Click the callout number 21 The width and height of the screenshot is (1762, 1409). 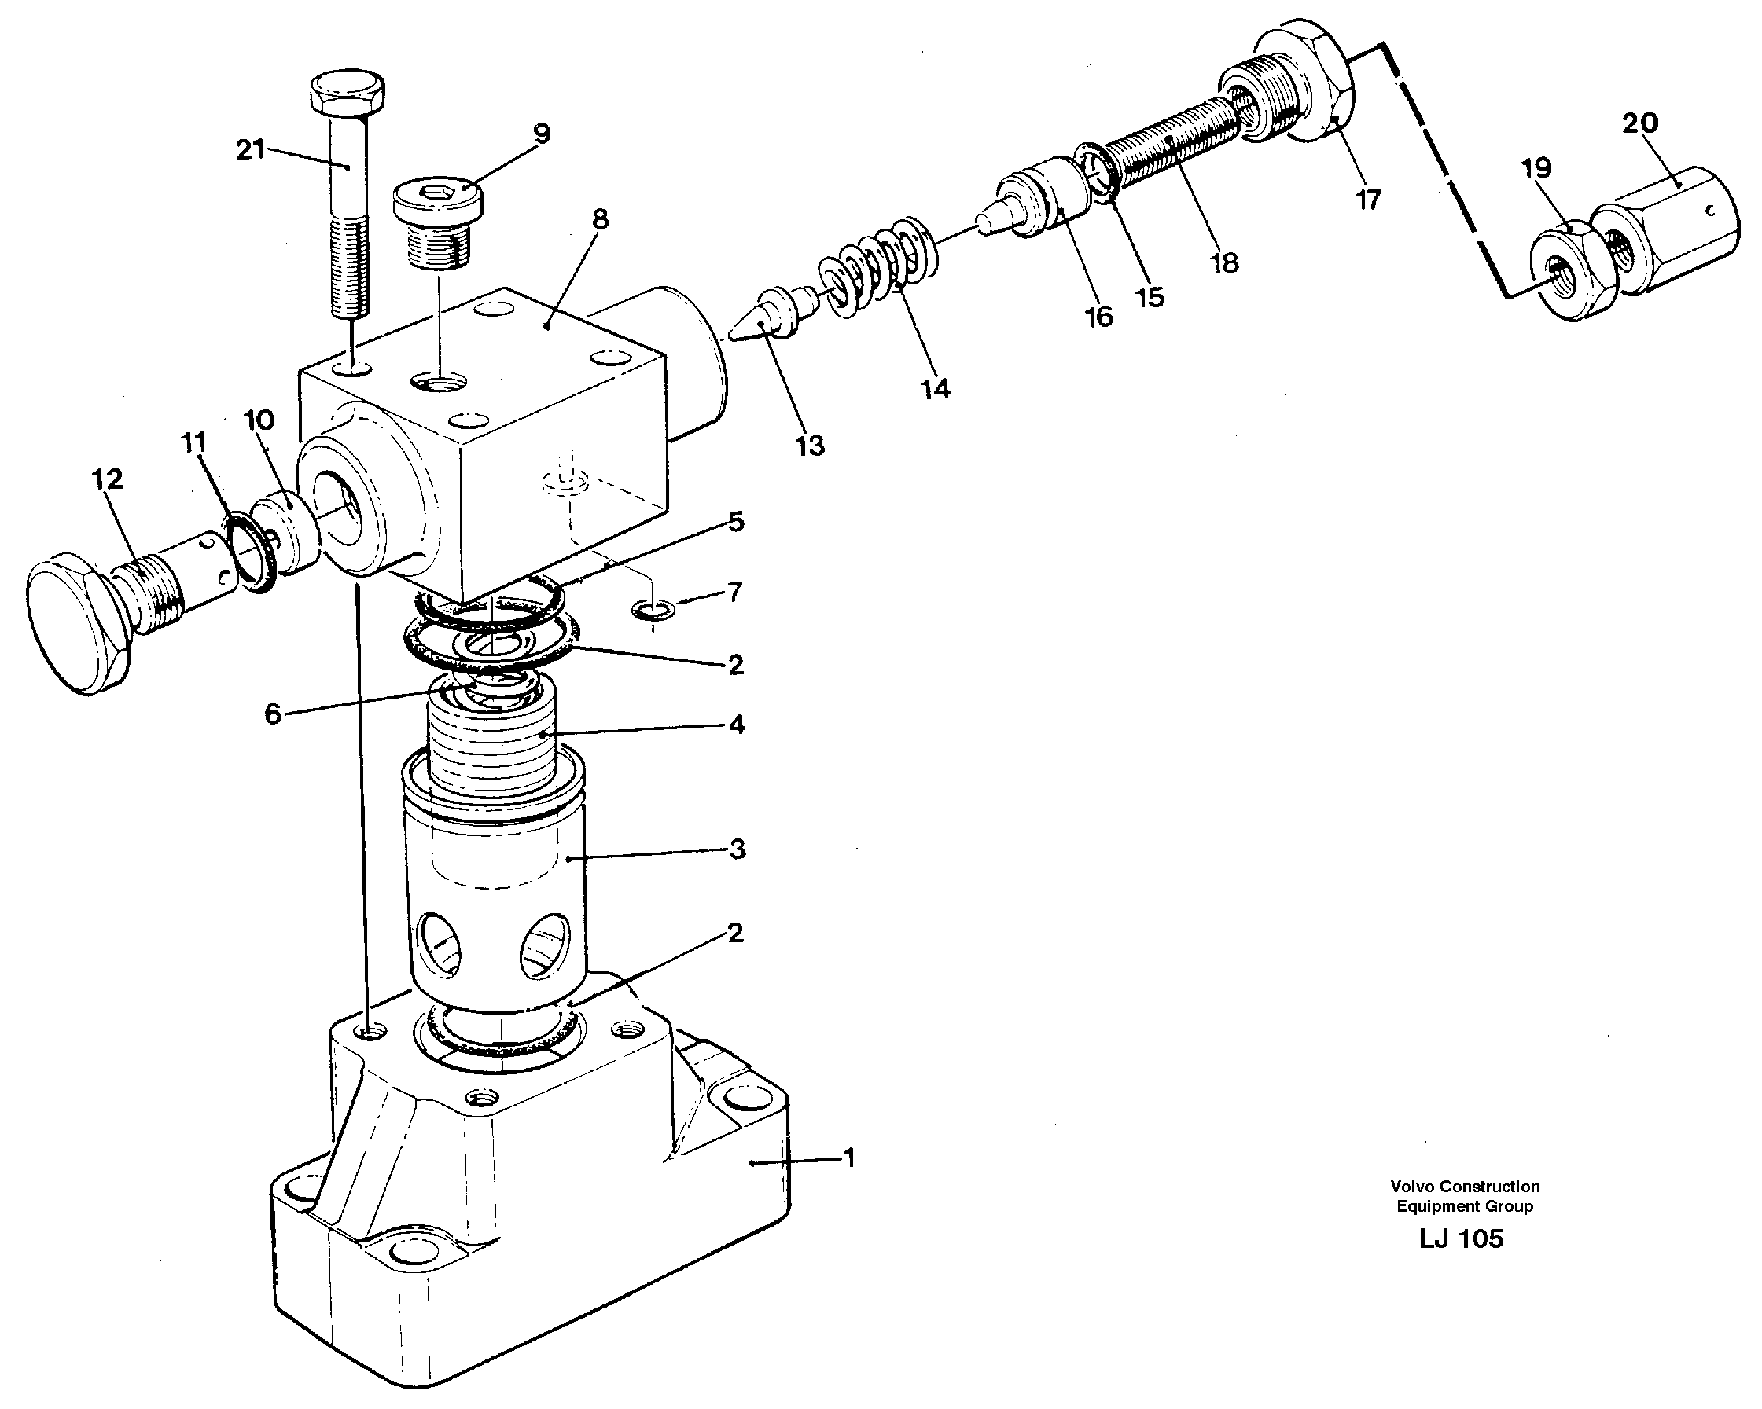[x=250, y=149]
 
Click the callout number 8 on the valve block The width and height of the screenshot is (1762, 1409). [x=601, y=219]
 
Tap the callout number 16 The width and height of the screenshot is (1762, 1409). [x=1099, y=317]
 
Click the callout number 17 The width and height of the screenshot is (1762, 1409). [x=1369, y=200]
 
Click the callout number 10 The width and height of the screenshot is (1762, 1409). [x=259, y=421]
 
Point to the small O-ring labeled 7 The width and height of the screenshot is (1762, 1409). [x=653, y=608]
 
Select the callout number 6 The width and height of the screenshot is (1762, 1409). [x=272, y=714]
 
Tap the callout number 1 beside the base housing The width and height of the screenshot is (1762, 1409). [x=849, y=1158]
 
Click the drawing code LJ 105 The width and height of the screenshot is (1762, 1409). [x=1461, y=1238]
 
